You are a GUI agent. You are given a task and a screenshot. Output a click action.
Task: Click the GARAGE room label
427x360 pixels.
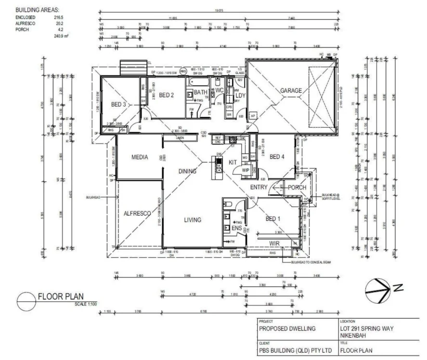point(291,90)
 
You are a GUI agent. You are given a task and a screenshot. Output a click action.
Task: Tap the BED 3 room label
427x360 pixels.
point(118,104)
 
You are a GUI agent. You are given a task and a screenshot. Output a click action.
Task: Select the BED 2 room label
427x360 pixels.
point(166,95)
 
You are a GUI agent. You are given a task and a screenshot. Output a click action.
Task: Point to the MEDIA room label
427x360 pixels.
point(139,157)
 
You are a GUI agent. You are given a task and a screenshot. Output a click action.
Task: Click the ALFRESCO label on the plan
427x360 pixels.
point(138,213)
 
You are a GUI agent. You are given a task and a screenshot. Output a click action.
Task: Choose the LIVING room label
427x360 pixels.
point(192,220)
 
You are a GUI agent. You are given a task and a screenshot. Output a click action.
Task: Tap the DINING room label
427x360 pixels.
point(187,171)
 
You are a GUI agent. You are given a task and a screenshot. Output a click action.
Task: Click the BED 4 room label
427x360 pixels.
point(278,156)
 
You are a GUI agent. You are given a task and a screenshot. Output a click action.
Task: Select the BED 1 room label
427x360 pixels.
point(273,219)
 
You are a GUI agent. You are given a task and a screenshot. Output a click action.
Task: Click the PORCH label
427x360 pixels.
point(297,187)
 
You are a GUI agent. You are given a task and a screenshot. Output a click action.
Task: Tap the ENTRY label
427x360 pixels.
point(259,187)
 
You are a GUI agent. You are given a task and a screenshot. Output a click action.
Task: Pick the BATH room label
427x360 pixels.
point(201,91)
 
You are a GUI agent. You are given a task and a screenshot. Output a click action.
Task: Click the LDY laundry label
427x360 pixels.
point(240,96)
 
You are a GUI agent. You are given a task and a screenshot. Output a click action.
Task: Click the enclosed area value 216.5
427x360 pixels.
point(59,16)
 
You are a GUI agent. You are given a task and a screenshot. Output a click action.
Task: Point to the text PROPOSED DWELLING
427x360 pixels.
point(287,329)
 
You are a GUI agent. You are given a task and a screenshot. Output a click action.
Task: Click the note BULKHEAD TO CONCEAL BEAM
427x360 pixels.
point(310,263)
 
